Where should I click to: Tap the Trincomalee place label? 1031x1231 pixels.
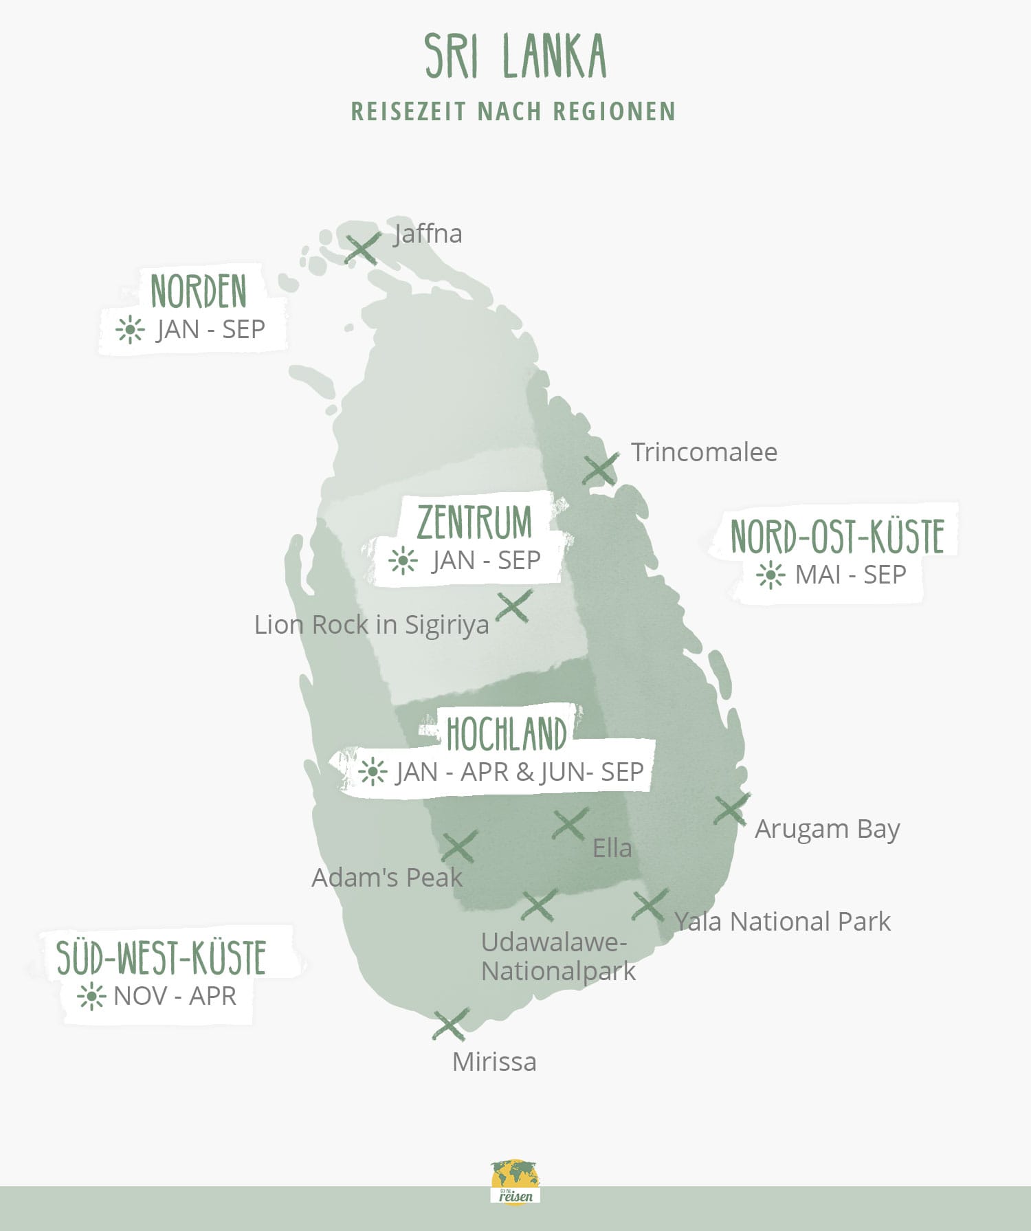tap(704, 452)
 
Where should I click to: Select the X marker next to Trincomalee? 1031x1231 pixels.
tap(600, 469)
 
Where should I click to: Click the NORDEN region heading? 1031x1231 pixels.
tap(199, 291)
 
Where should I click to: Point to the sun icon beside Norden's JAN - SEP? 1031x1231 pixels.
tap(129, 330)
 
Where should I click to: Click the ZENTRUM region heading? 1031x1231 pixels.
tap(474, 522)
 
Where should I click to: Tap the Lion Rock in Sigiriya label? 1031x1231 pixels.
tap(371, 625)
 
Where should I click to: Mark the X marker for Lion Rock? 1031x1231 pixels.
tap(513, 606)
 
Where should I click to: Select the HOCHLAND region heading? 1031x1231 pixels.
tap(507, 733)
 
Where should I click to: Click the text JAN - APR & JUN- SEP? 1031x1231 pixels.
tap(519, 772)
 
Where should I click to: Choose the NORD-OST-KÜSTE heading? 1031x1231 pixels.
tap(836, 537)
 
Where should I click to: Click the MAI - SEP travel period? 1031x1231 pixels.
tap(850, 575)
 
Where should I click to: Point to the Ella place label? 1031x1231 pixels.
tap(612, 848)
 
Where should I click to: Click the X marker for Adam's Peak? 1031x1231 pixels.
tap(459, 846)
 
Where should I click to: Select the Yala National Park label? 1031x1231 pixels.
tap(782, 922)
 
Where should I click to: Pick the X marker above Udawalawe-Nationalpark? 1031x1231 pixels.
tap(539, 905)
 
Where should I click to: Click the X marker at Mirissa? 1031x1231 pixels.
tap(450, 1025)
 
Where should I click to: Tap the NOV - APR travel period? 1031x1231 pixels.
tap(175, 996)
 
